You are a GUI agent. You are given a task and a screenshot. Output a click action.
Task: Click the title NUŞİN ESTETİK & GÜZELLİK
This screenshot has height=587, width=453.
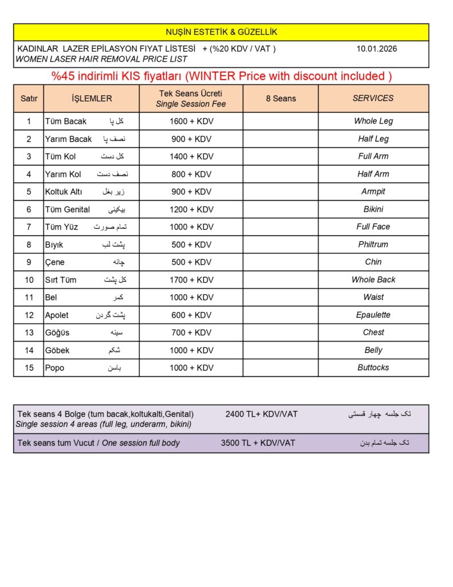pyautogui.click(x=221, y=32)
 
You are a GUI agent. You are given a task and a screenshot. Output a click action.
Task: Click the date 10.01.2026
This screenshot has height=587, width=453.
pyautogui.click(x=376, y=49)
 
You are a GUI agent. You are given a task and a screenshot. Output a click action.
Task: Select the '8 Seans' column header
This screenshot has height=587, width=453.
pyautogui.click(x=281, y=99)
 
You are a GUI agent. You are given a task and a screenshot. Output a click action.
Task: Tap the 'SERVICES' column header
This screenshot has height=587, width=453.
pyautogui.click(x=373, y=99)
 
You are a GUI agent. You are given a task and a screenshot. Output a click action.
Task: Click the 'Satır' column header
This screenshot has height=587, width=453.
pyautogui.click(x=29, y=99)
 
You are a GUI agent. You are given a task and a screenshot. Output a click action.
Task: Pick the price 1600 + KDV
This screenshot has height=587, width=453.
pyautogui.click(x=191, y=121)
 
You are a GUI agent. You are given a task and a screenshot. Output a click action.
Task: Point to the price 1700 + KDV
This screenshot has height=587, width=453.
pyautogui.click(x=191, y=280)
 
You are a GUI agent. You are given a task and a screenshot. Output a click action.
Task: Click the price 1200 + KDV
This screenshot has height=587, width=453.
pyautogui.click(x=191, y=209)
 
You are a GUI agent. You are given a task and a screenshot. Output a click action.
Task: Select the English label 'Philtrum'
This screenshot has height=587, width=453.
pyautogui.click(x=373, y=244)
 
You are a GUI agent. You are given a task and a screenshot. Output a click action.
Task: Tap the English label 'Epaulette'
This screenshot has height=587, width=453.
pyautogui.click(x=373, y=315)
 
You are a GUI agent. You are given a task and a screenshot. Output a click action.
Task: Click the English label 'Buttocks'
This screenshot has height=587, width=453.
pyautogui.click(x=373, y=367)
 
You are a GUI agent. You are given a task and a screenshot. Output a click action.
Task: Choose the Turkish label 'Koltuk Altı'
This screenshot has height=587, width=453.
pyautogui.click(x=64, y=191)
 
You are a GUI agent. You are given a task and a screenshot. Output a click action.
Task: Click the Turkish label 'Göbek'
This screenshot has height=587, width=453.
pyautogui.click(x=57, y=350)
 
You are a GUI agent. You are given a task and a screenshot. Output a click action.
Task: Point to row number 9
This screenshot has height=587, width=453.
pyautogui.click(x=29, y=262)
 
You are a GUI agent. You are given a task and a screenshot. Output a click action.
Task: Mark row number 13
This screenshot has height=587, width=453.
pyautogui.click(x=29, y=332)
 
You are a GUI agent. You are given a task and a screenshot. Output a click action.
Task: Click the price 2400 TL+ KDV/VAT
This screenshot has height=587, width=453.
pyautogui.click(x=261, y=414)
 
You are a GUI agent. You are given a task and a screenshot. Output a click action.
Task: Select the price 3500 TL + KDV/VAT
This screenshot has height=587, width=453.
pyautogui.click(x=258, y=443)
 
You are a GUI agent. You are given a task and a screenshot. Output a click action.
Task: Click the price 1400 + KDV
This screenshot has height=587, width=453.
pyautogui.click(x=191, y=156)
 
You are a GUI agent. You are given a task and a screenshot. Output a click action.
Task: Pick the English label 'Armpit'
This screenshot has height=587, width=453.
pyautogui.click(x=373, y=191)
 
